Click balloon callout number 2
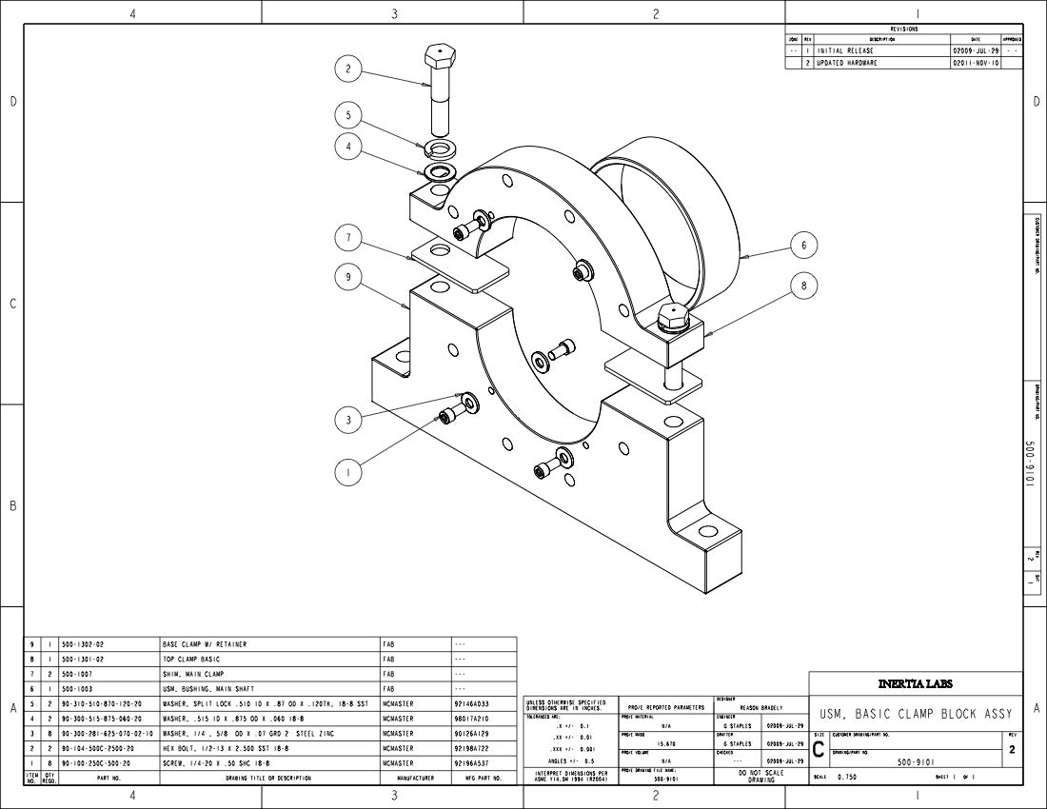348,69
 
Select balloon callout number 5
348,114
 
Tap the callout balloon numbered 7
348,236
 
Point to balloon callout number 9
348,277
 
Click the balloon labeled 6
803,245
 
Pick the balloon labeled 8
803,286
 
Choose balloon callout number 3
348,419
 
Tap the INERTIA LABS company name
915,683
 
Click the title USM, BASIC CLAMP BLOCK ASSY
915,714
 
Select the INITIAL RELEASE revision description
847,50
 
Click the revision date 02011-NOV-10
976,63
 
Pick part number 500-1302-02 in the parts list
83,644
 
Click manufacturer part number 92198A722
472,749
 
